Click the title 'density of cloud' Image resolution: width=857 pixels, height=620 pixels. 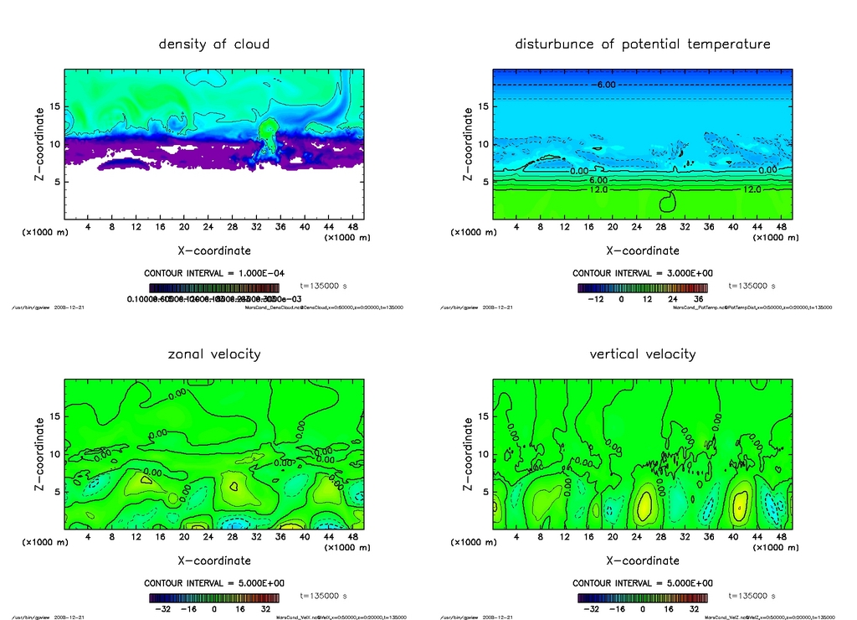(214, 44)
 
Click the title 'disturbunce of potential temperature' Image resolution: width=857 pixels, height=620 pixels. (643, 44)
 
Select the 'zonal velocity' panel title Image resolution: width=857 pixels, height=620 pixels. (214, 354)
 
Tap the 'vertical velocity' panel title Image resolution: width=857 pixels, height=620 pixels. (643, 354)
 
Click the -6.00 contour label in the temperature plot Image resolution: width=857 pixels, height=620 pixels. (605, 85)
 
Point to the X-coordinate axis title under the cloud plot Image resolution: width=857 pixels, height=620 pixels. (213, 251)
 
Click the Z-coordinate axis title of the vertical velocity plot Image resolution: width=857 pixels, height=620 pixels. (468, 454)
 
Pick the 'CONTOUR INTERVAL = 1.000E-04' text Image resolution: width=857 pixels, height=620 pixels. (214, 273)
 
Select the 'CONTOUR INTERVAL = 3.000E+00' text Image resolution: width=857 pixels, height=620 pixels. (643, 273)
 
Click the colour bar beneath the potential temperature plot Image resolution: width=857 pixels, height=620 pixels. (643, 287)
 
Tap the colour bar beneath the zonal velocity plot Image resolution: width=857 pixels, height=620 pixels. (214, 597)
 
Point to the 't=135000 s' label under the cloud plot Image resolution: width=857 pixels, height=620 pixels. (323, 287)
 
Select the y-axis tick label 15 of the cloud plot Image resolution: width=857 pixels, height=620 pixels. (54, 106)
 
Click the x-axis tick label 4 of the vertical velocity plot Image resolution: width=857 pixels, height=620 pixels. (516, 538)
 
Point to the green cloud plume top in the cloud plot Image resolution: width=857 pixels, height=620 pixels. (269, 127)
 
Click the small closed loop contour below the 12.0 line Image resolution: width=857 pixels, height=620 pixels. (668, 201)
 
